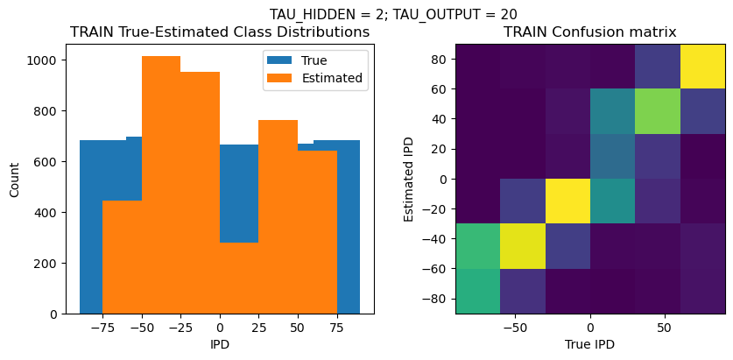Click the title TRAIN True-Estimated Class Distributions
(220, 32)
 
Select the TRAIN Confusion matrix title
(589, 32)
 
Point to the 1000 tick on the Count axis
(45, 60)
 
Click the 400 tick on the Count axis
(48, 213)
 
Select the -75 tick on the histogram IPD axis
(102, 327)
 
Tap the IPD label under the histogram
(220, 344)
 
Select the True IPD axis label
(589, 344)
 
